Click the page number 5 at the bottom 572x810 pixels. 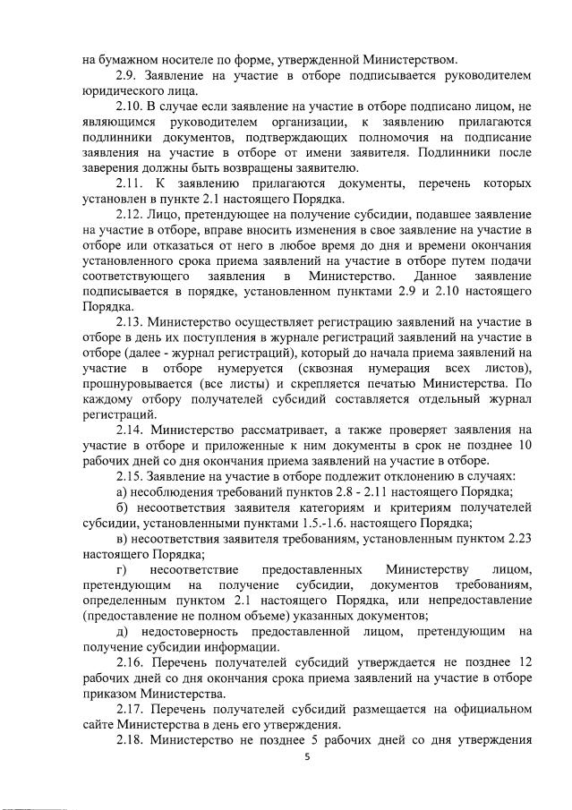[306, 756]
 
